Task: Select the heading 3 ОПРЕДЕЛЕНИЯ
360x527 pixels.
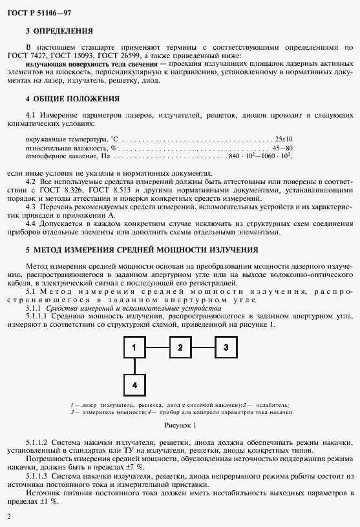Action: coord(59,30)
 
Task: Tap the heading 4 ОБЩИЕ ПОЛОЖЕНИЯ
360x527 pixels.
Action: coord(72,99)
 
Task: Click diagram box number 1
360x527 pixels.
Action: coord(134,347)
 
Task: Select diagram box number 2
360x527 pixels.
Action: coord(180,347)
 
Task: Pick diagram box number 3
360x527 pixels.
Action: coord(226,347)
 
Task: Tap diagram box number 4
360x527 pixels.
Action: coord(134,385)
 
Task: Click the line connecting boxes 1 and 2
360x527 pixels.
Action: coord(157,347)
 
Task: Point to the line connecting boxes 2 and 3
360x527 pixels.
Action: coord(204,347)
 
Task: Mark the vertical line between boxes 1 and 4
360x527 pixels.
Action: coord(134,366)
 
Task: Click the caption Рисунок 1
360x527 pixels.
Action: coord(180,425)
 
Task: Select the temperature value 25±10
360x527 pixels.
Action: coord(283,139)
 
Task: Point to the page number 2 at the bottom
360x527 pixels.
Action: coord(8,517)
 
